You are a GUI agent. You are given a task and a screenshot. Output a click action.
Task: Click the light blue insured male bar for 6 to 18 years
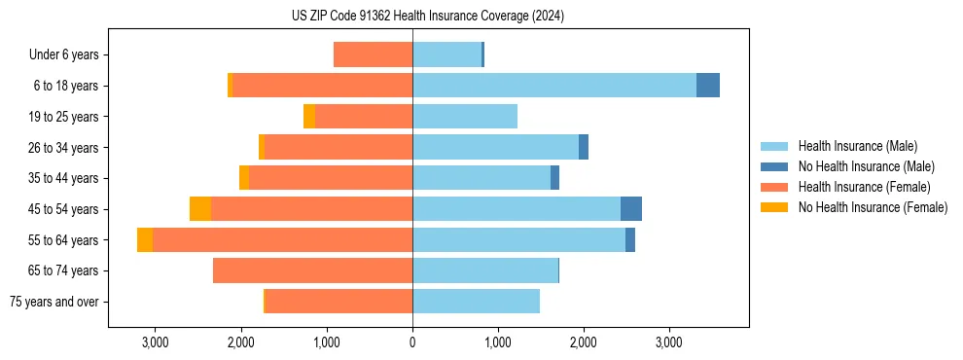[x=554, y=86]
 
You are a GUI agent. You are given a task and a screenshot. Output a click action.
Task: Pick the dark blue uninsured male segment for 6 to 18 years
[x=708, y=86]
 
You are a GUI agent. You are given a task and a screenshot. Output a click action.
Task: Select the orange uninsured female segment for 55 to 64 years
[x=145, y=240]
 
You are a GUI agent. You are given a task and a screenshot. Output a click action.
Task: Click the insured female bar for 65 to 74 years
[x=312, y=270]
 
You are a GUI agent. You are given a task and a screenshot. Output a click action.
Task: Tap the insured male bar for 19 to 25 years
[x=465, y=117]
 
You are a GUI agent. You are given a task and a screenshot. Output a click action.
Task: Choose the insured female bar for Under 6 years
[x=373, y=55]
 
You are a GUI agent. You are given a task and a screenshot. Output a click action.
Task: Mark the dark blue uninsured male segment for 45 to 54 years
[x=631, y=209]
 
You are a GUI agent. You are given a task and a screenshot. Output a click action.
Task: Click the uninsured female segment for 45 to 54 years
[x=200, y=209]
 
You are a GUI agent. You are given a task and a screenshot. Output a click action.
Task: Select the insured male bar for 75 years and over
[x=476, y=302]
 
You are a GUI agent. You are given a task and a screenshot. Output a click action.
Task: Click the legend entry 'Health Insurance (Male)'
[x=857, y=146]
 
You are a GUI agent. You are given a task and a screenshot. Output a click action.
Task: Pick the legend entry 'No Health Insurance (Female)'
[x=873, y=207]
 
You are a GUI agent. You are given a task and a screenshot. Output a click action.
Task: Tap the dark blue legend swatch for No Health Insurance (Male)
[x=775, y=166]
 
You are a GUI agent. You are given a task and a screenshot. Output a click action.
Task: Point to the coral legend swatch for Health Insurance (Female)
[x=775, y=187]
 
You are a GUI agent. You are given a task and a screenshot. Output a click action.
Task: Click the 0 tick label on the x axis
[x=412, y=342]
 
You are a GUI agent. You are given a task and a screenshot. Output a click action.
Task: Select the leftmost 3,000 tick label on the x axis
[x=156, y=342]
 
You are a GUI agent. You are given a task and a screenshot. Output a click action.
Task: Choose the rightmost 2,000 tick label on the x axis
[x=584, y=342]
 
